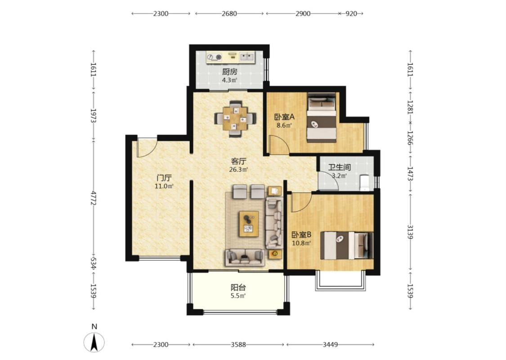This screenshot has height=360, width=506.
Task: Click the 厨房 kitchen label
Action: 229,72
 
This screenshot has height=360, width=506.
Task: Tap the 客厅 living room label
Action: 239,161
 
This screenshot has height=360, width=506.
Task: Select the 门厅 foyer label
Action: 164,178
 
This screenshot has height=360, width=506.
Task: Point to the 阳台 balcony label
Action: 238,288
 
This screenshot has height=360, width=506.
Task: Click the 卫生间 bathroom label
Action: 340,167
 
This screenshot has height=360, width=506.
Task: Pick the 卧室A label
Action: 284,117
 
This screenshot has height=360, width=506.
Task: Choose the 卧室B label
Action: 301,234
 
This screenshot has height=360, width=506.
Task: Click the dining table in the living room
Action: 235,118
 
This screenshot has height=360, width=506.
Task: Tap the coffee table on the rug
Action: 249,224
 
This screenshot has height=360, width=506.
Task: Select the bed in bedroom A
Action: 322,117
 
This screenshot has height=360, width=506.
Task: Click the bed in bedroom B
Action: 347,245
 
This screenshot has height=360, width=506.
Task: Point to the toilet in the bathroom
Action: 364,182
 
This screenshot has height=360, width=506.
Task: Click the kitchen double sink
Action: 247,57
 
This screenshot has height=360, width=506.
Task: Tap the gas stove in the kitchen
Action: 215,58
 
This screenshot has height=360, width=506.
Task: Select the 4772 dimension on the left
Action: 94,198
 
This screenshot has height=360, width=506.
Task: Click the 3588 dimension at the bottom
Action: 238,345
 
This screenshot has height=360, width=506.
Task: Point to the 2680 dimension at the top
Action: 229,13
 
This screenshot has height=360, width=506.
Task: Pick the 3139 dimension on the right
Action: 410,232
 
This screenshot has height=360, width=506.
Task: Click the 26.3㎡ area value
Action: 239,169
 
